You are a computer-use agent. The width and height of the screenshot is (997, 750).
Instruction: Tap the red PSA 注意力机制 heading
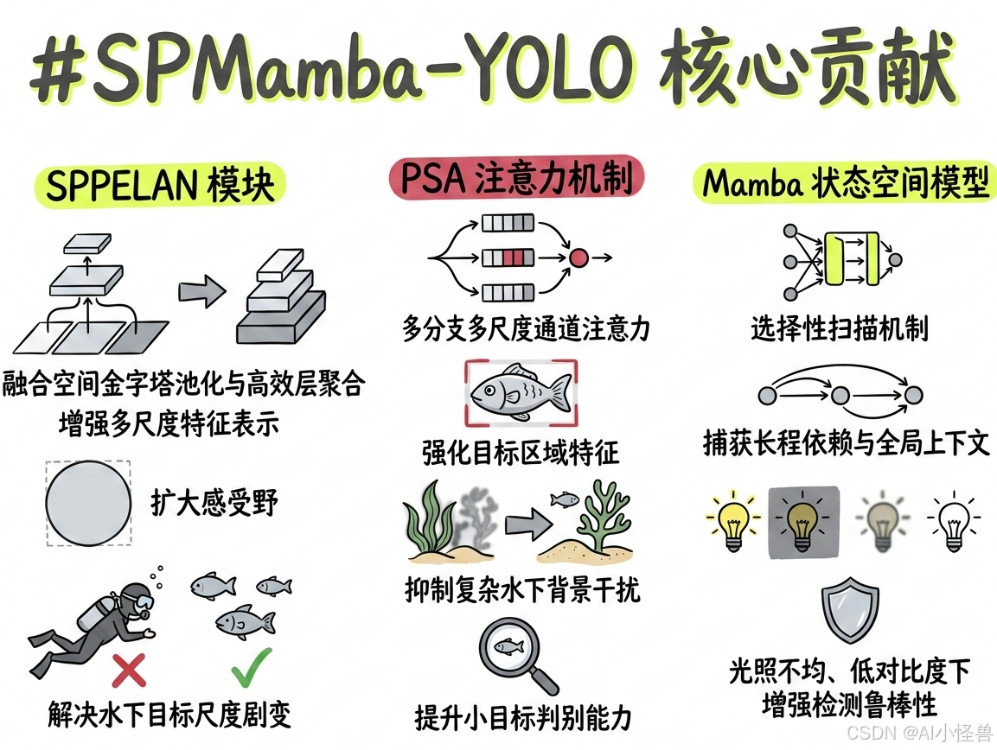(x=516, y=179)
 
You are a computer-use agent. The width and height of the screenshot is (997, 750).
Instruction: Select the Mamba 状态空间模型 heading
(x=844, y=185)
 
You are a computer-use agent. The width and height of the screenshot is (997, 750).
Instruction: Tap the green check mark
(x=252, y=664)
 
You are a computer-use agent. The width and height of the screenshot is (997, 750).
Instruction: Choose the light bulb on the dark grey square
(x=803, y=521)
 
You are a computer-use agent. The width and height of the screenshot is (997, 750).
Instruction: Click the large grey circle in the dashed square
(x=87, y=504)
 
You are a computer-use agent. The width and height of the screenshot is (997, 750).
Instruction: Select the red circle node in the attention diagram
(x=579, y=257)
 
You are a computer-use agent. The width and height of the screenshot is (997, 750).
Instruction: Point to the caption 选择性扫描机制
(x=839, y=328)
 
